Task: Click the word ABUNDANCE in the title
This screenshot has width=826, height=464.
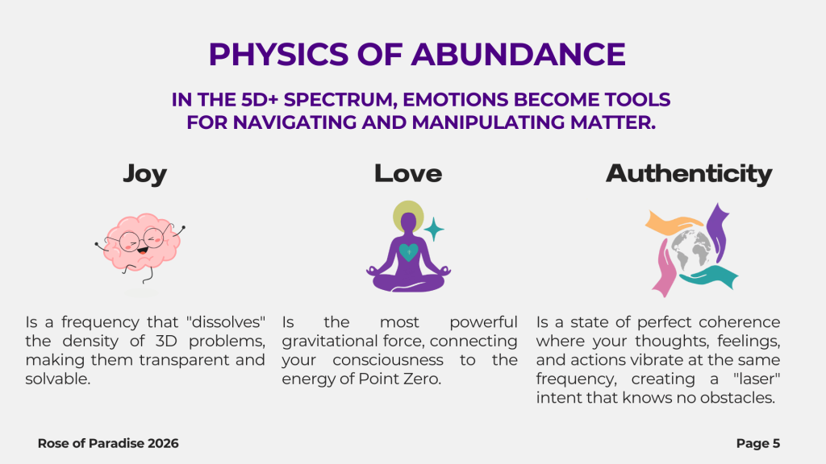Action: [x=519, y=54]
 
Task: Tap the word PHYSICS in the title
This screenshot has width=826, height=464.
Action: [x=278, y=54]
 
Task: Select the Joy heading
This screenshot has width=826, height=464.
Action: [x=145, y=175]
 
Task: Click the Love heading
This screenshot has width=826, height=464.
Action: [x=408, y=174]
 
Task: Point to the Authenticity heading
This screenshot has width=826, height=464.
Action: [x=689, y=174]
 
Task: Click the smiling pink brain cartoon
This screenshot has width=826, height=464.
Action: [x=140, y=246]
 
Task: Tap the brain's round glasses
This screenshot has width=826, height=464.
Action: [x=141, y=240]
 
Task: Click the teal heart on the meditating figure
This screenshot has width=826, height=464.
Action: [x=409, y=252]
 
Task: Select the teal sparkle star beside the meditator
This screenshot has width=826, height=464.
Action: [x=434, y=230]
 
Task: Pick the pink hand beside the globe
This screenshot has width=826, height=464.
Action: [x=665, y=268]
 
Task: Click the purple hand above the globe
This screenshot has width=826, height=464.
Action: [x=717, y=231]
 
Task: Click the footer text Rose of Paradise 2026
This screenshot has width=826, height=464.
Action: [x=108, y=444]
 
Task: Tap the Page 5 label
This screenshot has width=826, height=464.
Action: [x=758, y=444]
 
